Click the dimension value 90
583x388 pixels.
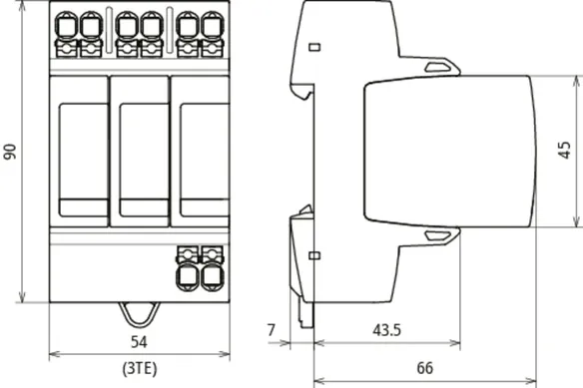[x=10, y=152]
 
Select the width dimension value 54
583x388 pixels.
[x=139, y=342]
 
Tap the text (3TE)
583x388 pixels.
[x=140, y=368]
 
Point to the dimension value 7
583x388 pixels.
[x=272, y=330]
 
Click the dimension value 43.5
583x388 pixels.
[x=387, y=330]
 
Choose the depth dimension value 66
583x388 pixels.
[x=425, y=368]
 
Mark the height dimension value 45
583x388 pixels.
[x=565, y=151]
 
